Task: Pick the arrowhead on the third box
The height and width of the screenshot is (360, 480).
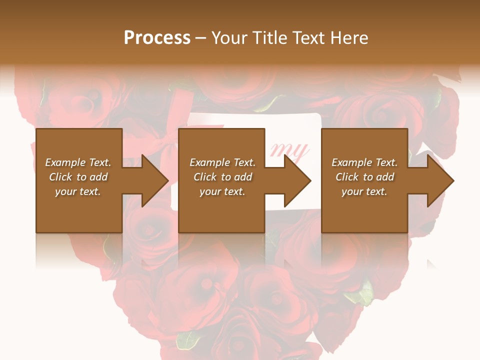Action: click(440, 180)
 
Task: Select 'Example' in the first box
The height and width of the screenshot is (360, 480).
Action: click(65, 162)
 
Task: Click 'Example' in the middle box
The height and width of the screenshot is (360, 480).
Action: click(209, 162)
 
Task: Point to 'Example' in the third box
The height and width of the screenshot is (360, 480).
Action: click(351, 162)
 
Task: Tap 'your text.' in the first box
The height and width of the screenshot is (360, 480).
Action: click(78, 191)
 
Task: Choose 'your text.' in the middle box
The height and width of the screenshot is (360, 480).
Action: click(222, 191)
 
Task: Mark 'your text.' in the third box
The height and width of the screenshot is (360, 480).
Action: click(364, 191)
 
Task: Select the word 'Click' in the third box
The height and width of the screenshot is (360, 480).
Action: click(347, 177)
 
